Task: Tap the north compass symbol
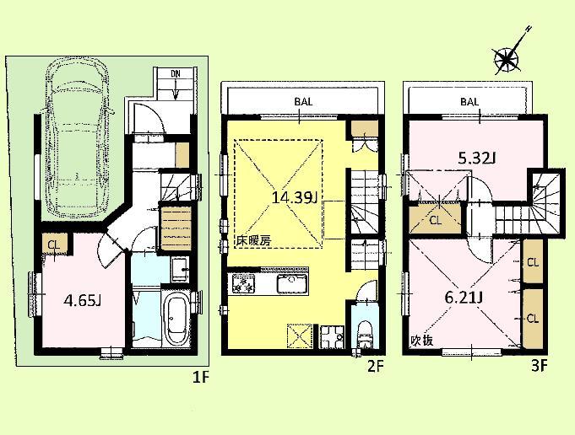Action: (x=507, y=57)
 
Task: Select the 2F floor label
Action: (x=376, y=367)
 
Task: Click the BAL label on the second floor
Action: (x=303, y=101)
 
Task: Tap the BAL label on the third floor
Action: (x=470, y=101)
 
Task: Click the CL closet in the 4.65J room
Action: (x=52, y=246)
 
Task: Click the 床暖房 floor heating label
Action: (x=253, y=240)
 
